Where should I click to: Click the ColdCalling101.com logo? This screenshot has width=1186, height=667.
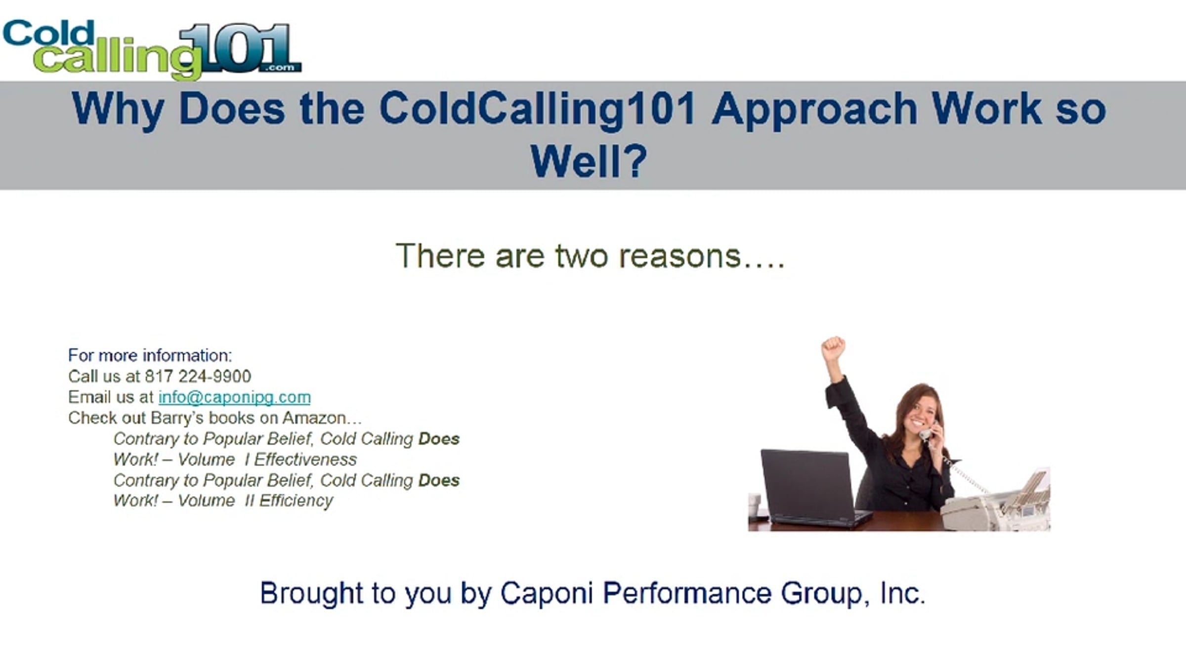click(x=152, y=49)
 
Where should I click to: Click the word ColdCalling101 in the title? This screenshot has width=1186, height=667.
click(x=538, y=110)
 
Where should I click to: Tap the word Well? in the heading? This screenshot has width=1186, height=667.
click(x=589, y=162)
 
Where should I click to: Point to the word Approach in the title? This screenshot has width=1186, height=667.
click(x=815, y=110)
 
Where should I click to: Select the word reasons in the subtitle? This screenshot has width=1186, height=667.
click(x=680, y=256)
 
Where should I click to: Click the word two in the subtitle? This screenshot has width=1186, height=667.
click(x=581, y=256)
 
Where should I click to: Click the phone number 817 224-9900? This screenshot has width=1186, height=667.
click(x=198, y=376)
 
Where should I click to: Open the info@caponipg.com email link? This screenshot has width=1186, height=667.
click(x=234, y=397)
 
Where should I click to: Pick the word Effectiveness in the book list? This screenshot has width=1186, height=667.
click(x=305, y=459)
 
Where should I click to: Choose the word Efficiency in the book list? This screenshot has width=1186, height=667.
click(x=296, y=500)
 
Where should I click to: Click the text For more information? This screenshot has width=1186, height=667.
click(x=150, y=355)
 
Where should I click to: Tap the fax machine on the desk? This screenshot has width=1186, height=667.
click(x=996, y=501)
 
